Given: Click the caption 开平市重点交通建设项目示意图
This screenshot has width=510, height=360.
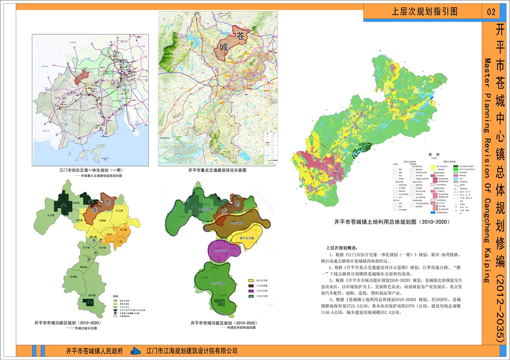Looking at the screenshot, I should [x=217, y=170].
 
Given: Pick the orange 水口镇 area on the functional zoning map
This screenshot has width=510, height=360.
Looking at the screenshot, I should [x=123, y=230].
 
